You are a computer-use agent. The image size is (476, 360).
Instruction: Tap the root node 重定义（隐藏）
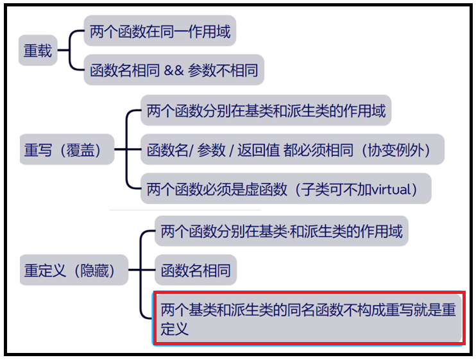point(70,270)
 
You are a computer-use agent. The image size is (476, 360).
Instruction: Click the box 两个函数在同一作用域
point(160,31)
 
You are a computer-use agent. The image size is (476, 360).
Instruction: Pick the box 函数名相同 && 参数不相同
point(174,69)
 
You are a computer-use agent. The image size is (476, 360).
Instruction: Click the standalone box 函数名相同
point(196,270)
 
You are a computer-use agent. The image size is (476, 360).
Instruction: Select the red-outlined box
point(309,318)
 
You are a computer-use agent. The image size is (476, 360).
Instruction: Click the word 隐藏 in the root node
point(96,270)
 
